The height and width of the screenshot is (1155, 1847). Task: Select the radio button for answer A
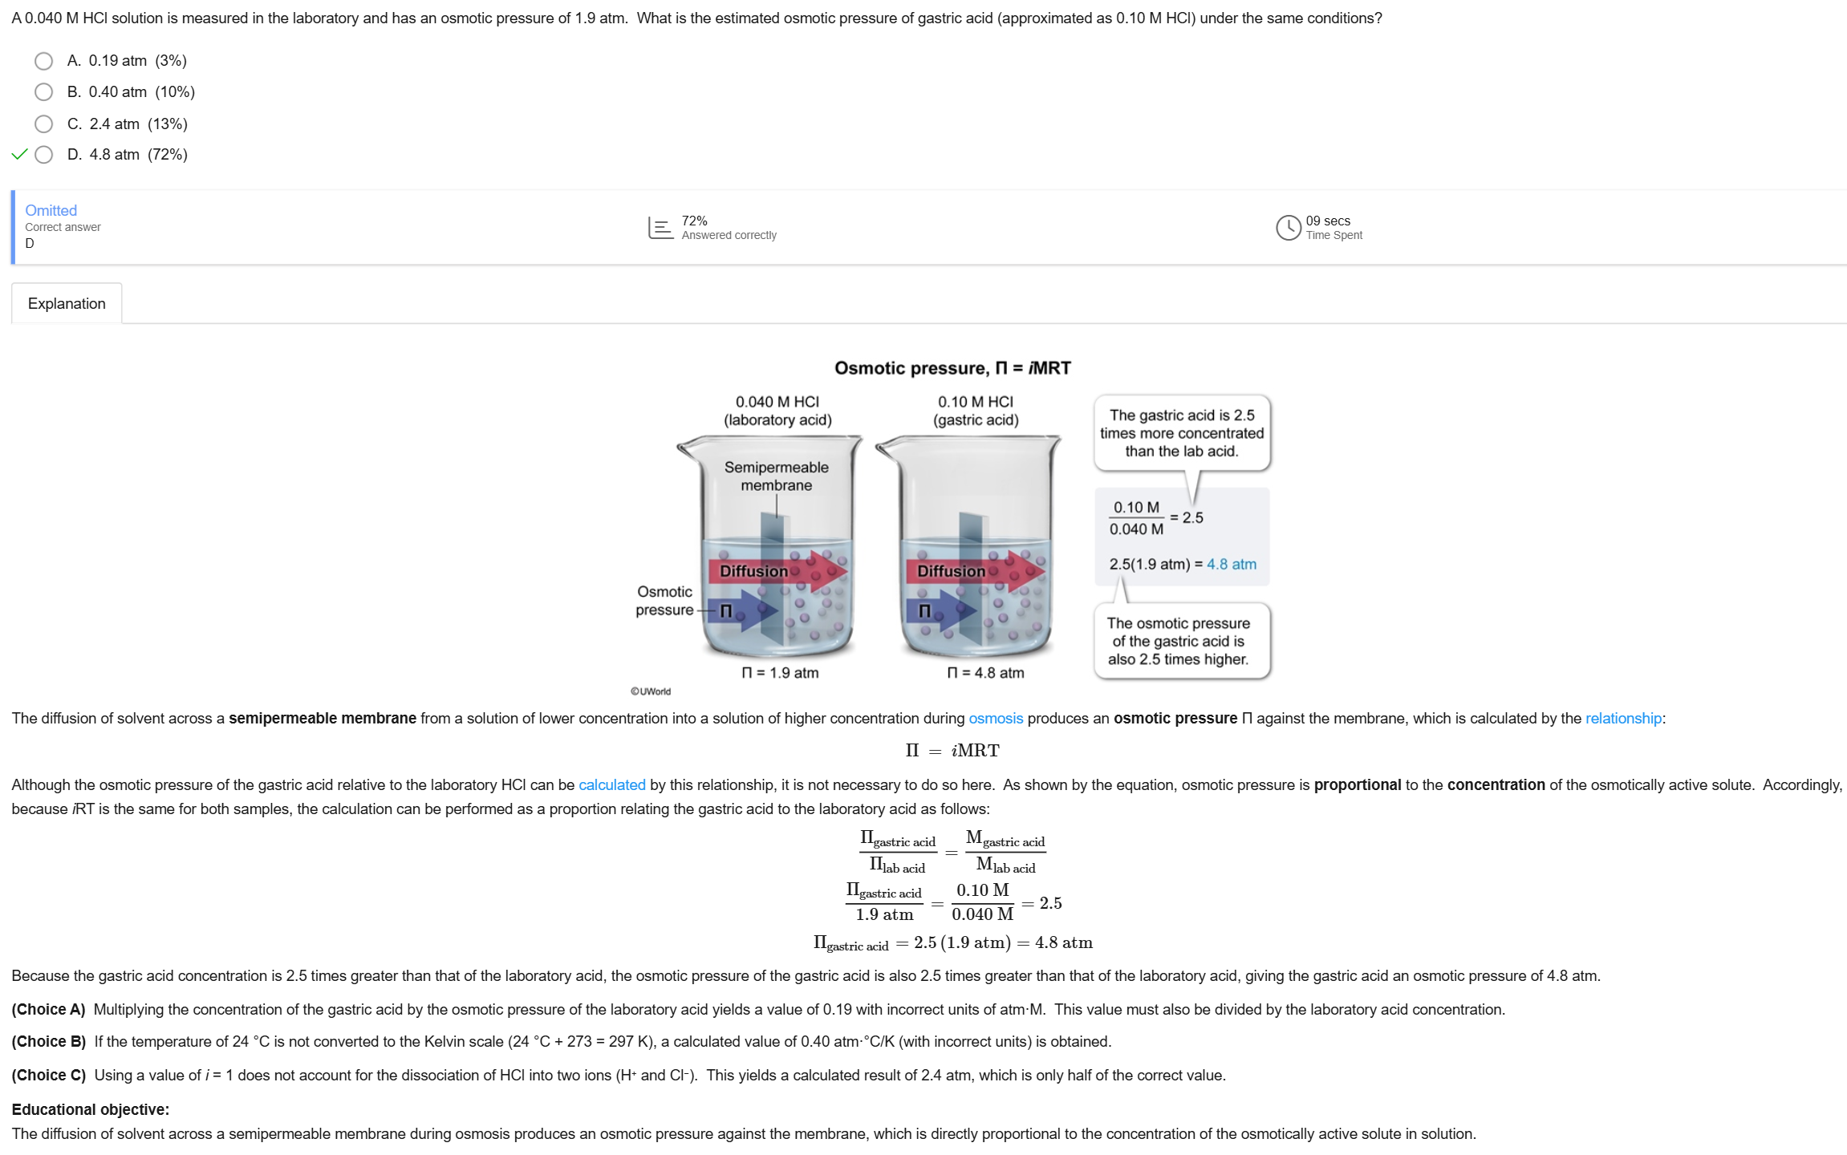pos(44,61)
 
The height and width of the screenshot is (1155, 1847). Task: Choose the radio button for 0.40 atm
pos(44,92)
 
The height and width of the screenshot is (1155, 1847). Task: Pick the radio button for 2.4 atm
pos(44,124)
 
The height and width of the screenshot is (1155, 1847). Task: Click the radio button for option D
pos(44,155)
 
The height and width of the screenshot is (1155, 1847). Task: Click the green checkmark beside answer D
pos(20,155)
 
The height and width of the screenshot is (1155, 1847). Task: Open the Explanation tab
pos(67,303)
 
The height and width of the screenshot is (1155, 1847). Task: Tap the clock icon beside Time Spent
pos(1288,228)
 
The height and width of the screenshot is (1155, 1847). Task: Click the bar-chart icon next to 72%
pos(660,228)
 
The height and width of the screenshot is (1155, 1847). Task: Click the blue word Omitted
pos(51,210)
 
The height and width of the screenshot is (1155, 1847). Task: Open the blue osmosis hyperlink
pos(996,718)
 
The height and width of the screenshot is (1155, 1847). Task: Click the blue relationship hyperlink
pos(1623,718)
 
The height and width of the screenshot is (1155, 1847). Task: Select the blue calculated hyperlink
pos(612,784)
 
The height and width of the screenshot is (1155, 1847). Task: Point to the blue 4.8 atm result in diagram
pos(1232,564)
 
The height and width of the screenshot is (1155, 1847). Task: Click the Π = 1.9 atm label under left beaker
pos(780,672)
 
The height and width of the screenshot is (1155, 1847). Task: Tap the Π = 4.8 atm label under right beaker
pos(985,672)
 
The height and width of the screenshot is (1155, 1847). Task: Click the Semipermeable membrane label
pos(776,476)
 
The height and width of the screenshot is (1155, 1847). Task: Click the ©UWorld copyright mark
pos(651,691)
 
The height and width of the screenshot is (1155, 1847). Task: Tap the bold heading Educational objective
pos(91,1109)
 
